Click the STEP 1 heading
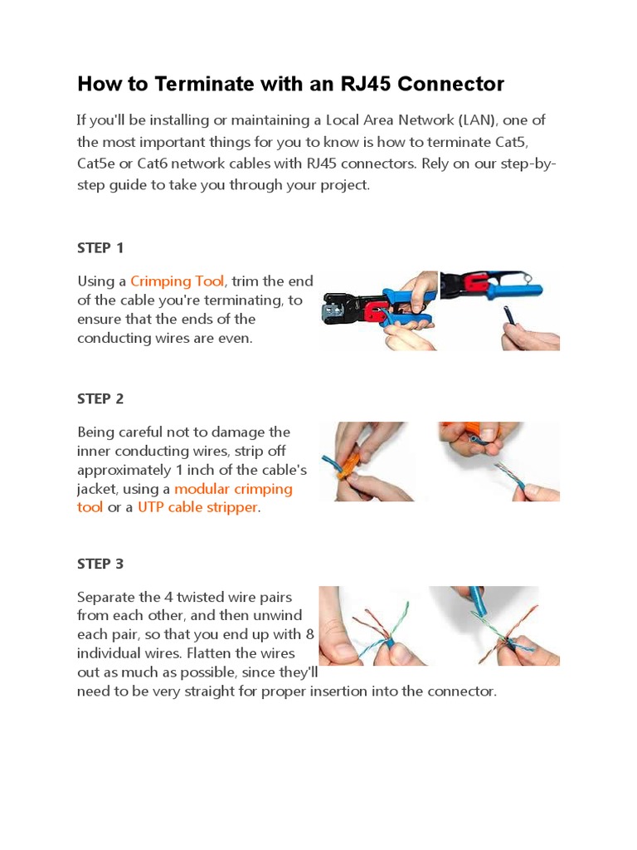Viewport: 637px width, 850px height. (100, 247)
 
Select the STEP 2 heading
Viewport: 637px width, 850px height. (100, 398)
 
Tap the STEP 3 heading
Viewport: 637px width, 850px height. (100, 564)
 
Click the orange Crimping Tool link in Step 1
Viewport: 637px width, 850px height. (177, 281)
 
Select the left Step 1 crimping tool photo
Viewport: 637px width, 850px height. (379, 310)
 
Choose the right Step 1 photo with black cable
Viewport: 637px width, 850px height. (499, 310)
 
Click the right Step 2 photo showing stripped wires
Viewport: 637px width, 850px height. (499, 462)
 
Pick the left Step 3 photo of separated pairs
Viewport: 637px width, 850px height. (373, 626)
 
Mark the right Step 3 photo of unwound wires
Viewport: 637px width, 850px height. (495, 626)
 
